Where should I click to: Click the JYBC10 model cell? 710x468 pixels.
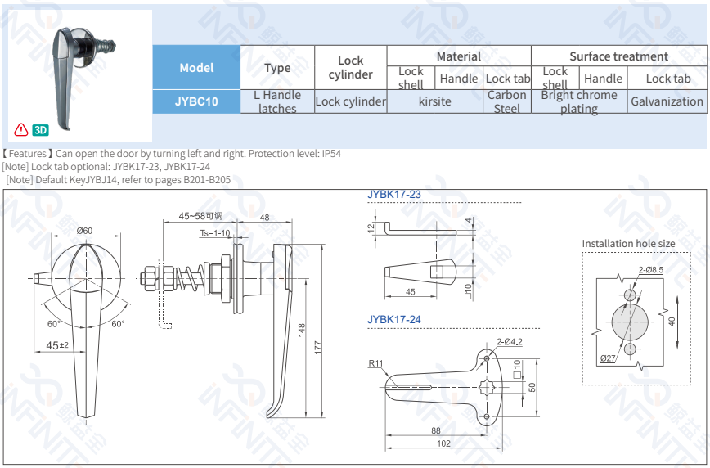pyautogui.click(x=196, y=101)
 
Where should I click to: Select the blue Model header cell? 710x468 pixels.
pyautogui.click(x=196, y=68)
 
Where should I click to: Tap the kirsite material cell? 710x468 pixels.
pyautogui.click(x=434, y=101)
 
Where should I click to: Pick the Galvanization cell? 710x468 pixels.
pyautogui.click(x=666, y=101)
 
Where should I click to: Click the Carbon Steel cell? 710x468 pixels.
pyautogui.click(x=506, y=101)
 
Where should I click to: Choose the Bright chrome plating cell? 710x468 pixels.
pyautogui.click(x=579, y=101)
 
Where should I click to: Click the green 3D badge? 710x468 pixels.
pyautogui.click(x=41, y=129)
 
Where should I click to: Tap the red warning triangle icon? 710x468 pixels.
pyautogui.click(x=21, y=129)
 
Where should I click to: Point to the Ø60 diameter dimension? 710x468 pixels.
pyautogui.click(x=84, y=231)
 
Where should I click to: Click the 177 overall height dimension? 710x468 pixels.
pyautogui.click(x=319, y=349)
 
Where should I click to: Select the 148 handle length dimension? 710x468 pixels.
pyautogui.click(x=302, y=331)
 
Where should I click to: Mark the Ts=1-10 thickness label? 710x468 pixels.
pyautogui.click(x=215, y=233)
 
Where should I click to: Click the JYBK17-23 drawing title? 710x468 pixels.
pyautogui.click(x=394, y=195)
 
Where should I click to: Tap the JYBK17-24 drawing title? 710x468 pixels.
pyautogui.click(x=394, y=319)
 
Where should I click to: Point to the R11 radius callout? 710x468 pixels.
pyautogui.click(x=375, y=363)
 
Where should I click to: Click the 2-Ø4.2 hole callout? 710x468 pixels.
pyautogui.click(x=509, y=342)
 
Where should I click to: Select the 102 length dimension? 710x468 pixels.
pyautogui.click(x=443, y=443)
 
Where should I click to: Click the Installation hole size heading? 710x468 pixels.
pyautogui.click(x=628, y=243)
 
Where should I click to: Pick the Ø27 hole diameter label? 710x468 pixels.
pyautogui.click(x=608, y=358)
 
